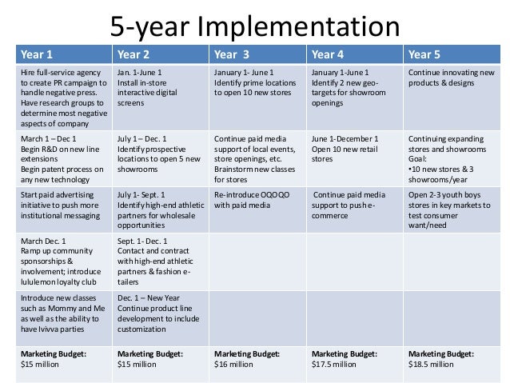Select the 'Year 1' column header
37,55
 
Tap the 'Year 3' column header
231,55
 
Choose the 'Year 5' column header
425,55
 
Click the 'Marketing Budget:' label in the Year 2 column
150,353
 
